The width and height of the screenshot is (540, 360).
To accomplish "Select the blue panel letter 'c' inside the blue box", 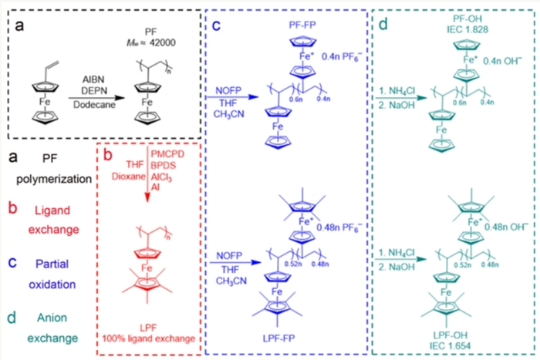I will (x=217, y=25).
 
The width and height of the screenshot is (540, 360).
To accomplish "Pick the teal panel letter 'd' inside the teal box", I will (x=383, y=25).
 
